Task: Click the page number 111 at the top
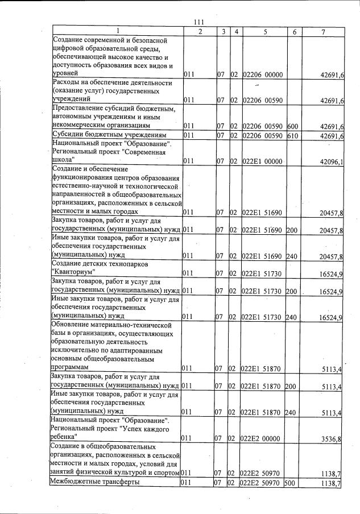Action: [198, 22]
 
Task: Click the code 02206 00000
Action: [263, 74]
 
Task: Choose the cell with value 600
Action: [292, 126]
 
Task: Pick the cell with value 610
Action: [292, 135]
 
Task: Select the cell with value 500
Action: [292, 483]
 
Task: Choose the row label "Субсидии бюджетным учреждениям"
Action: [109, 135]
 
